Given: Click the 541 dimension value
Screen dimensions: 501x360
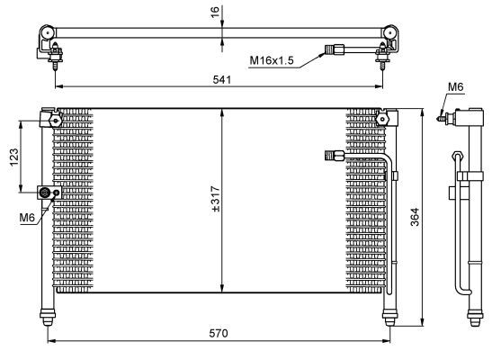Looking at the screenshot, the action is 222,79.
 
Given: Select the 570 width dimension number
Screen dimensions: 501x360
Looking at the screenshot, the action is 219,334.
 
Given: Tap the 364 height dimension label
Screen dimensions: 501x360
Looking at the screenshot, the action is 415,217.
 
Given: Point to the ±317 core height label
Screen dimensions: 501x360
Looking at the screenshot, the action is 216,199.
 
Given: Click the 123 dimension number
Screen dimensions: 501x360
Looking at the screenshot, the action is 14,157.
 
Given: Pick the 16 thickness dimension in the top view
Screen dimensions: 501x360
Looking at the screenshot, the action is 215,12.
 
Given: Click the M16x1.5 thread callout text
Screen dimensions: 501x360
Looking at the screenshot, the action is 272,60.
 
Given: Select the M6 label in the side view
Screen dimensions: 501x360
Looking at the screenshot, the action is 456,86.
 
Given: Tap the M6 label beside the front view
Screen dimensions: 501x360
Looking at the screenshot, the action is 27,218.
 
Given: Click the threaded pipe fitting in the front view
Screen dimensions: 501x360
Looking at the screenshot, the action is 335,156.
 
